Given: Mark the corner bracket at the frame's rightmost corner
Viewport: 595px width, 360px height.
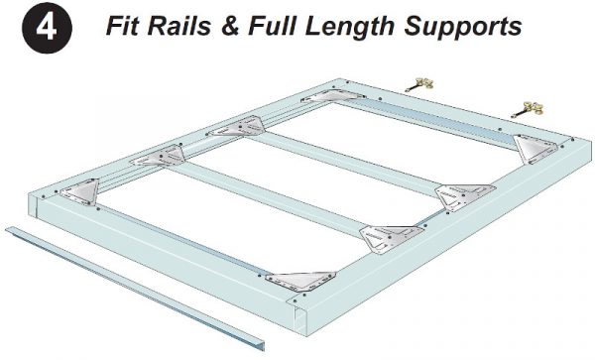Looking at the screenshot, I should pos(536,149).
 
